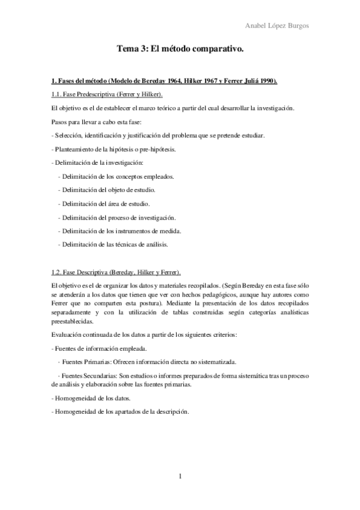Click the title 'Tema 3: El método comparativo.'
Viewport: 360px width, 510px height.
coord(180,53)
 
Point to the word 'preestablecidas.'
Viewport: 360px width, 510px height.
coord(75,321)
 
